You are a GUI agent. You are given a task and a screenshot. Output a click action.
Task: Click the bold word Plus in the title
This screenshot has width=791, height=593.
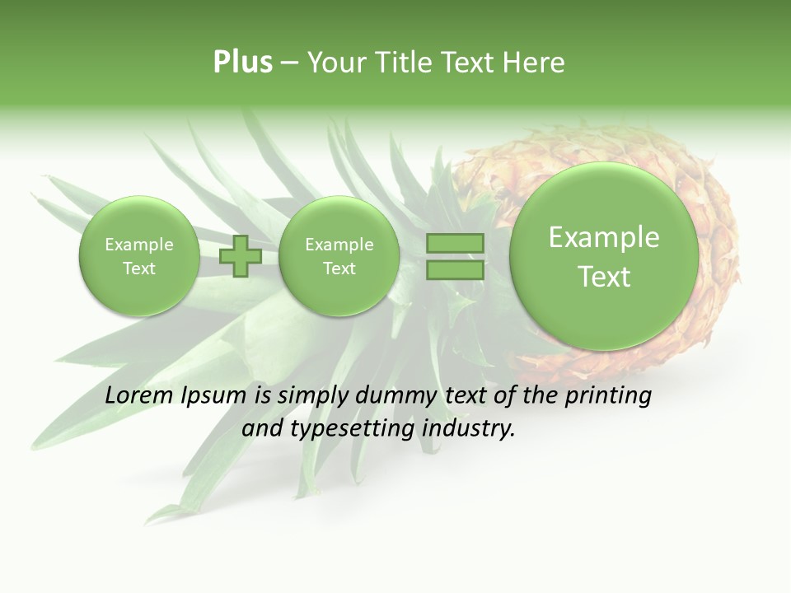pyautogui.click(x=242, y=63)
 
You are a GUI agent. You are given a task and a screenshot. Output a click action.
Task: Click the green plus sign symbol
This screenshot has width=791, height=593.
pyautogui.click(x=241, y=256)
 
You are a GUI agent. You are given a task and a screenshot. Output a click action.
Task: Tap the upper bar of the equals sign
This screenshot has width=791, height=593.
pyautogui.click(x=455, y=244)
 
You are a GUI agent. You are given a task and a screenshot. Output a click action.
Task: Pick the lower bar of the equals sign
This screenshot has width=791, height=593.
pyautogui.click(x=455, y=269)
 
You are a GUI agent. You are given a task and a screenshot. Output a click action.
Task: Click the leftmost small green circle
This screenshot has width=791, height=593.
pyautogui.click(x=139, y=256)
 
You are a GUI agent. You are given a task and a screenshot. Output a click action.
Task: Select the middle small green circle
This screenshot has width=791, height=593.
pyautogui.click(x=339, y=256)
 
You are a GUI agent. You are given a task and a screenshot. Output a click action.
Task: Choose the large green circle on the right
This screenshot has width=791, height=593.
pyautogui.click(x=604, y=256)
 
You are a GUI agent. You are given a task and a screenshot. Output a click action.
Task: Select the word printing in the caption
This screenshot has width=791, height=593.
pyautogui.click(x=608, y=396)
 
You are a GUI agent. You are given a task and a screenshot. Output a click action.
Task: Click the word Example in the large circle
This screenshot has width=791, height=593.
pyautogui.click(x=604, y=237)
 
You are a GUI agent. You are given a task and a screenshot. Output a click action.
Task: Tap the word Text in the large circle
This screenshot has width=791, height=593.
pyautogui.click(x=604, y=277)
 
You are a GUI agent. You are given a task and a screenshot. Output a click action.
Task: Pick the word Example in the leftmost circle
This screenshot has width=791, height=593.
pyautogui.click(x=139, y=245)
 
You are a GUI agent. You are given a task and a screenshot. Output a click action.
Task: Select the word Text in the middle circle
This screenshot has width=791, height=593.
pyautogui.click(x=339, y=268)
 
